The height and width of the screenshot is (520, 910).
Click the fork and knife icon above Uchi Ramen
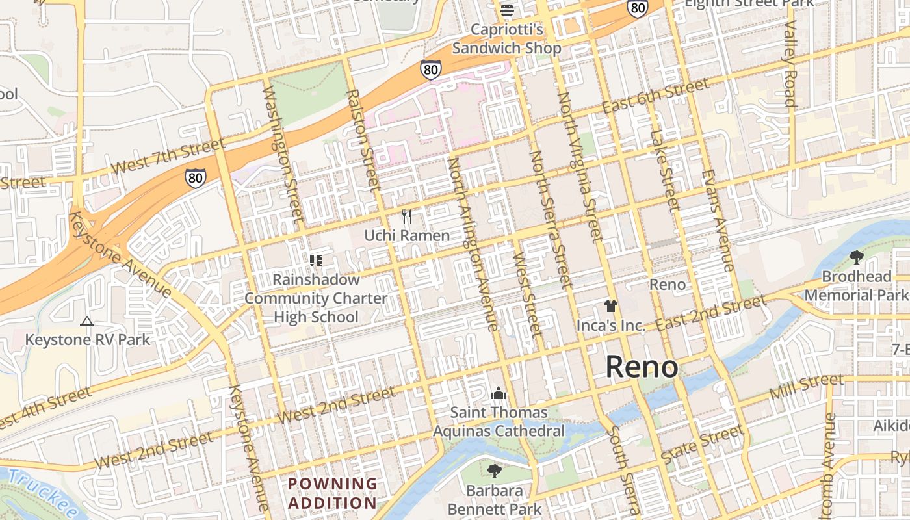[407, 216]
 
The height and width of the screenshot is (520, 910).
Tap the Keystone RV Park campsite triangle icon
[86, 321]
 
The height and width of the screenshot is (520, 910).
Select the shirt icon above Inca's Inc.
[610, 306]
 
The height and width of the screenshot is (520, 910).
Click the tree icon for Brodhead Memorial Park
[856, 257]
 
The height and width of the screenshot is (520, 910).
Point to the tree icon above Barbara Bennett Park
[495, 471]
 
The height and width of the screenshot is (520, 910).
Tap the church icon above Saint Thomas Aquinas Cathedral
[499, 393]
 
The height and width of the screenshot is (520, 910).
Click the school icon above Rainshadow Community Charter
[316, 261]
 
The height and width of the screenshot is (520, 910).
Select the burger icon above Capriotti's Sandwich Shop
[507, 10]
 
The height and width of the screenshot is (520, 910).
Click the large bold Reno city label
[642, 367]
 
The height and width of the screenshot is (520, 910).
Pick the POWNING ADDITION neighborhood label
[332, 493]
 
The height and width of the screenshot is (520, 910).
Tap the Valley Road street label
[790, 63]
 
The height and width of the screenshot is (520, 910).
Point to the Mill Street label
[806, 387]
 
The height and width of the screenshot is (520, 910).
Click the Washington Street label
[283, 153]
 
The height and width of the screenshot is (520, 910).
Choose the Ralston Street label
[363, 140]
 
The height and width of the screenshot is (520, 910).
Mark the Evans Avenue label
[718, 220]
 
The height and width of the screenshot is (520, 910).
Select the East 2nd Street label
[710, 313]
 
